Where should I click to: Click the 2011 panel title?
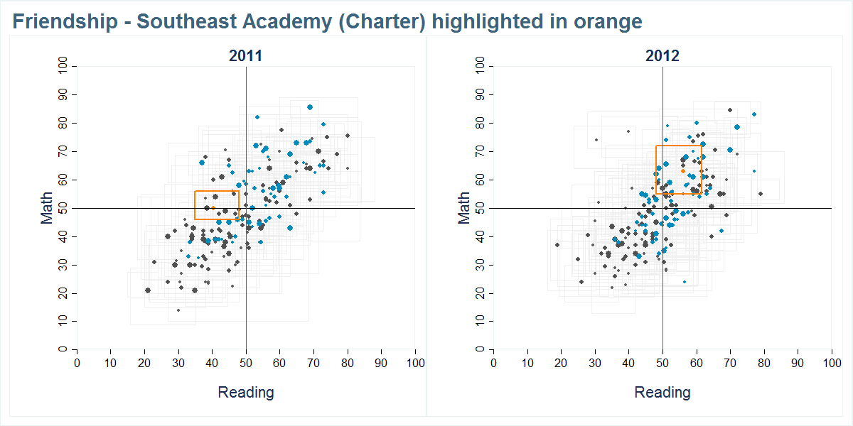click(x=245, y=56)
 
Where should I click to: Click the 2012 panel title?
click(x=662, y=56)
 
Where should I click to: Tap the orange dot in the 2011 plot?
click(x=213, y=208)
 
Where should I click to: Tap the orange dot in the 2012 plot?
click(x=683, y=171)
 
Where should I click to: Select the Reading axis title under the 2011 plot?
click(x=245, y=392)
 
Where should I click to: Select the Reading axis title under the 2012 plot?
click(x=662, y=392)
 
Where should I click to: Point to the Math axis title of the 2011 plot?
click(x=47, y=208)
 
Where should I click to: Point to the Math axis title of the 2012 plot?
click(x=464, y=208)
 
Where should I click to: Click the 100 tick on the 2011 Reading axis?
click(x=415, y=363)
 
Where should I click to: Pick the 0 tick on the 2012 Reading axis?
click(x=494, y=363)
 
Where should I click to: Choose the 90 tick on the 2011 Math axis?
click(x=64, y=94)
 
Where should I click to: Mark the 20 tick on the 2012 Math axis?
click(x=481, y=293)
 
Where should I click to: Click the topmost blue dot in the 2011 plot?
click(x=310, y=107)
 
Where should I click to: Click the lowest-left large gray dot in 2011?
click(x=148, y=290)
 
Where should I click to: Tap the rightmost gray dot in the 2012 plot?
click(x=760, y=194)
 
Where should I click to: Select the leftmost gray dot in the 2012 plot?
click(x=557, y=245)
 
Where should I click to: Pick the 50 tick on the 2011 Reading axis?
click(x=246, y=363)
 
